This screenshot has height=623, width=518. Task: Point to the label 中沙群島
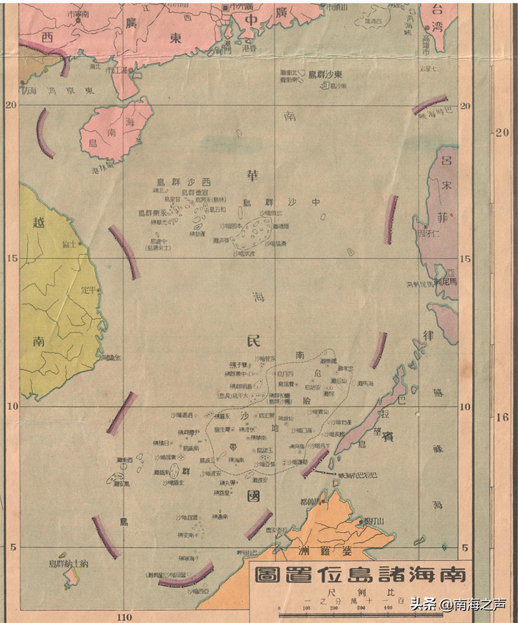click(281, 202)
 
